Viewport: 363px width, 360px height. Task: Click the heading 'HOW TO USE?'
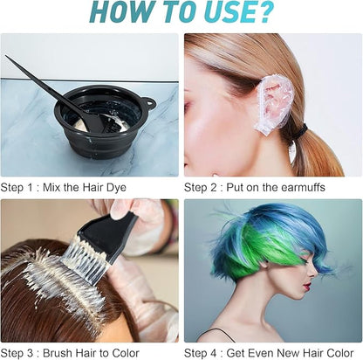(181, 13)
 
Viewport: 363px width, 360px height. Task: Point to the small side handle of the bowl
(147, 104)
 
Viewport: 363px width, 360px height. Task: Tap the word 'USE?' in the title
(235, 13)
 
